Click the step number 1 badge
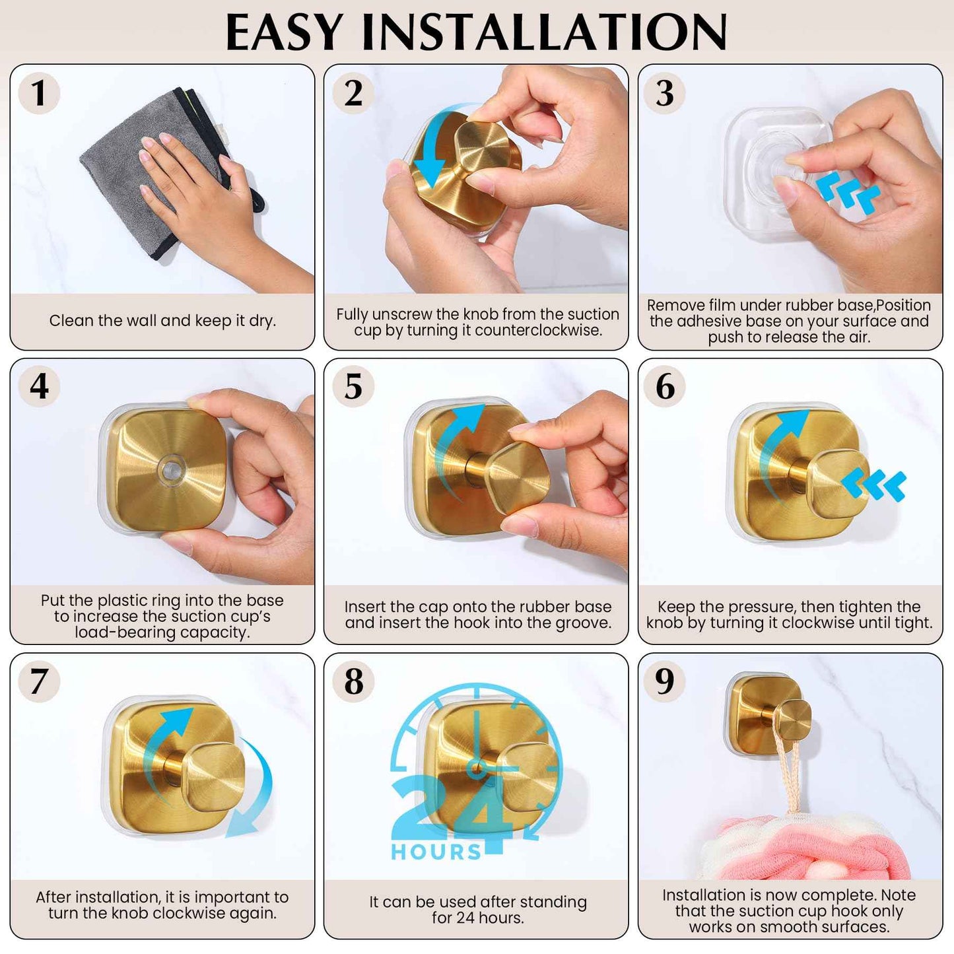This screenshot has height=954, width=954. click(39, 93)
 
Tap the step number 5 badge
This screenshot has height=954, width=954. click(353, 386)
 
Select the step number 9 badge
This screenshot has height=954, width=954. click(665, 681)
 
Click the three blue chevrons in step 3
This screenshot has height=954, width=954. click(848, 191)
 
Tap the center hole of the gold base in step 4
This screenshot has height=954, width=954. click(171, 471)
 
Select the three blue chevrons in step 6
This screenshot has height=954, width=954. click(875, 485)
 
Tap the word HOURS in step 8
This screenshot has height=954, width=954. click(436, 852)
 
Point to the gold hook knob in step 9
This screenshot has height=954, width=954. click(792, 722)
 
